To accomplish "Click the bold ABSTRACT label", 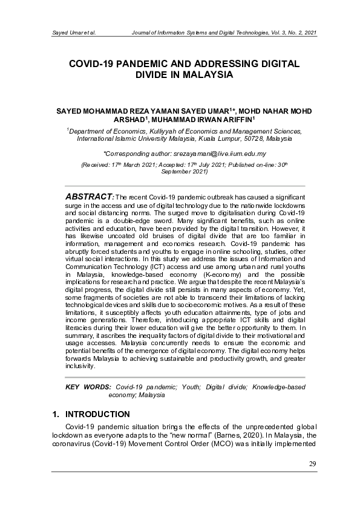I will (90, 196).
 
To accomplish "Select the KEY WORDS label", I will (88, 386).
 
